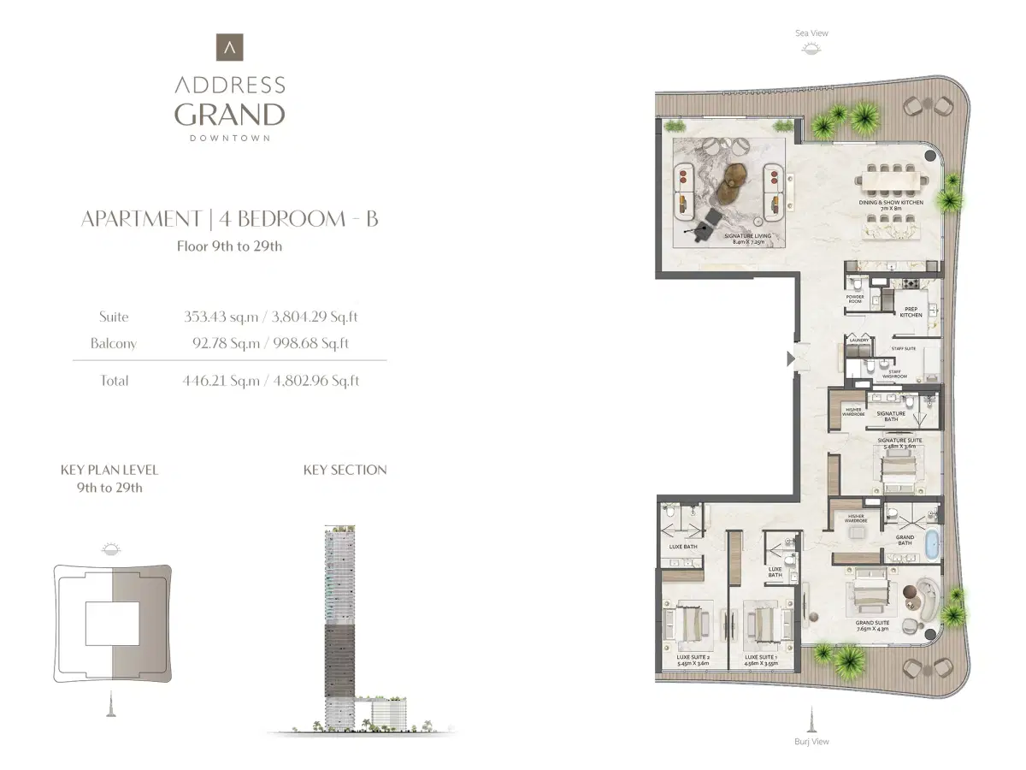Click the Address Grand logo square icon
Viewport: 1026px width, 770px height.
229,47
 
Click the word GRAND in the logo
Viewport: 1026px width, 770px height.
229,114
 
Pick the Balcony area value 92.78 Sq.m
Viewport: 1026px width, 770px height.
221,344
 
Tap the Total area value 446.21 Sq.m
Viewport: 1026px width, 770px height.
221,381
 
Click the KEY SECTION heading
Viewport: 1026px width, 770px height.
345,470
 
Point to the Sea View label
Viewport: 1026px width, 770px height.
811,33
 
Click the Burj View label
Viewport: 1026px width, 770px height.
811,742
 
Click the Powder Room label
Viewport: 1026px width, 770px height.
854,299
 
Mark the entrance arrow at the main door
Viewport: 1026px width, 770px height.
791,358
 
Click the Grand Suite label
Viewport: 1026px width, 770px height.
872,625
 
